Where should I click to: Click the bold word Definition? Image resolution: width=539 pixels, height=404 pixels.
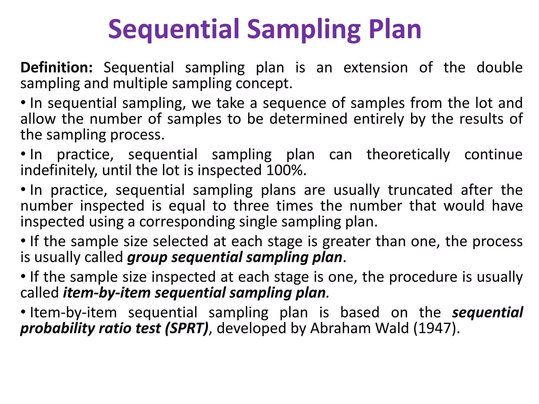[57, 68]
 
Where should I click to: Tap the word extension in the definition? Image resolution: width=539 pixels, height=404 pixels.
[376, 68]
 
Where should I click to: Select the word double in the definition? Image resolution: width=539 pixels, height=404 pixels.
[499, 68]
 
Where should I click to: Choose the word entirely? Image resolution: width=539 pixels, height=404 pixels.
[378, 119]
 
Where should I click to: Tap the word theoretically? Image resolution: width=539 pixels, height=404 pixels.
[408, 154]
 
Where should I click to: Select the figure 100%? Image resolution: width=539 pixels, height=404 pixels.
[285, 170]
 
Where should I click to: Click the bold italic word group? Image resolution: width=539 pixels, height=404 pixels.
[147, 257]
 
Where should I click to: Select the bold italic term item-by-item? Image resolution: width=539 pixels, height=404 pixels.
[107, 293]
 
